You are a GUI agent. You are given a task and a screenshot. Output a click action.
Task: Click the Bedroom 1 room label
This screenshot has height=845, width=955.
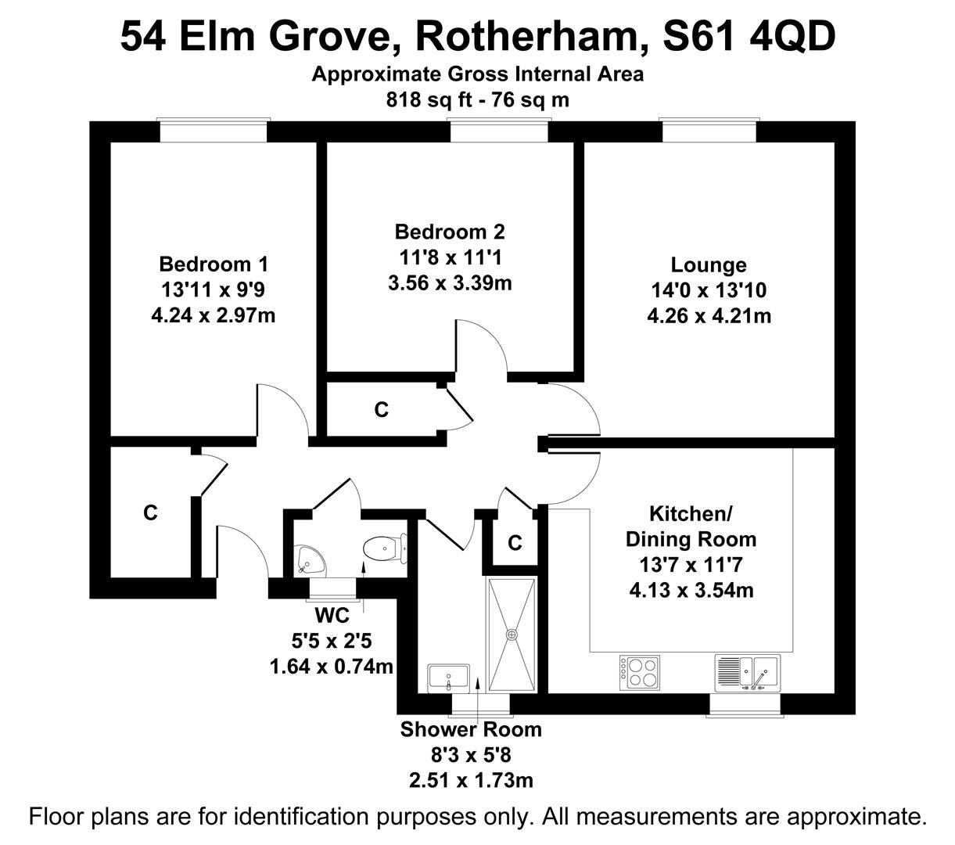pos(214,264)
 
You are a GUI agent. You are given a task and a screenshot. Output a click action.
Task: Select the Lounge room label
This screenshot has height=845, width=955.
pos(709,265)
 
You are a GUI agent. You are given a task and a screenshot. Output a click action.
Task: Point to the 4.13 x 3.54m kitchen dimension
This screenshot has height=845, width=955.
pos(691,590)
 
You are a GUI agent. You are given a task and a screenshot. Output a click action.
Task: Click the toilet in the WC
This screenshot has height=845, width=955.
pos(385,548)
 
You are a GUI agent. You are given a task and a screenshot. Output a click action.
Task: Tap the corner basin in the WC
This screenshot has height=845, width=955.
pos(311,559)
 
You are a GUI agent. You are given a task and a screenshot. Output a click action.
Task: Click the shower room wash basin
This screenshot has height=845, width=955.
pos(448,678)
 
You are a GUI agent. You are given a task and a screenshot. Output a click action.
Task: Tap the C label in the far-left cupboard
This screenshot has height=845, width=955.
pos(150,512)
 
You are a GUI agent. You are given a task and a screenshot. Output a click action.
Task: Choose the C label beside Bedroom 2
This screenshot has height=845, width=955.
pos(381,409)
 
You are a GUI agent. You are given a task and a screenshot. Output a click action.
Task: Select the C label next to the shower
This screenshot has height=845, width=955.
pos(514,542)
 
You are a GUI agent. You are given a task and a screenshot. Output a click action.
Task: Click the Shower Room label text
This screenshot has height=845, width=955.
pos(471,729)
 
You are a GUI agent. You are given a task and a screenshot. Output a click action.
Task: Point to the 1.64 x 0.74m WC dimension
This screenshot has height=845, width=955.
pos(331,667)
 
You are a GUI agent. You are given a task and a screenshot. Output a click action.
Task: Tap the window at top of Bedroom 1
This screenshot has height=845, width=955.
pos(214,131)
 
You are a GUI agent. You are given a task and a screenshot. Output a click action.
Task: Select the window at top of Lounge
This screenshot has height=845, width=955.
pos(709,131)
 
